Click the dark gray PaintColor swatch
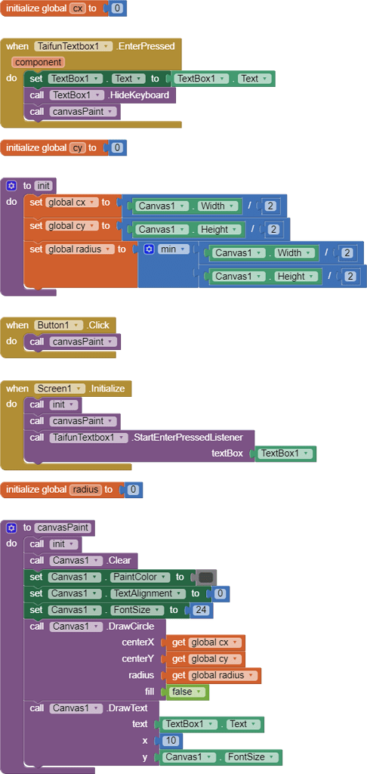click(205, 577)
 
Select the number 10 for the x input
click(170, 741)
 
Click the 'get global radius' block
click(214, 675)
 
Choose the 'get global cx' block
click(206, 642)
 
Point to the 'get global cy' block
click(206, 659)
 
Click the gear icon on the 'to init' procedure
click(11, 186)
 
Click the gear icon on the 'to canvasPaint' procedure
click(11, 528)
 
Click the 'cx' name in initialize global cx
click(77, 8)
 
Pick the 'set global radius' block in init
click(72, 249)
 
